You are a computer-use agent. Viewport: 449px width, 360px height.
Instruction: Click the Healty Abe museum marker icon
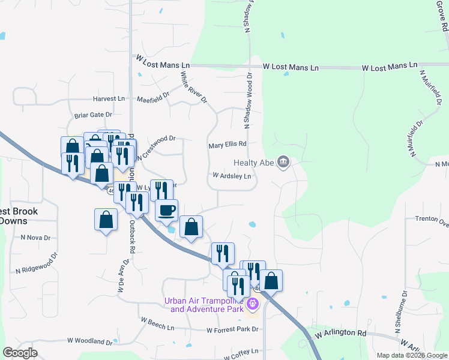coord(285,161)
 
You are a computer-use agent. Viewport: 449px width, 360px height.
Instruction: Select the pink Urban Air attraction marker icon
coord(253,305)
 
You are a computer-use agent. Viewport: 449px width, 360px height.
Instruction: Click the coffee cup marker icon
coord(166,211)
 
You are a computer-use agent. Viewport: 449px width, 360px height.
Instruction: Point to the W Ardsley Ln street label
coord(231,176)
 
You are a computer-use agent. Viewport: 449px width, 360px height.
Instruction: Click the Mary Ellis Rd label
coord(228,145)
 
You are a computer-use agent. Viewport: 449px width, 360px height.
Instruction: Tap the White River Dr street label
coord(193,87)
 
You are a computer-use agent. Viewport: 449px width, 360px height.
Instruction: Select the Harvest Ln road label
coord(109,98)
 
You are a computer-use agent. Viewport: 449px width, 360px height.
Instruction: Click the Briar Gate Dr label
coord(93,115)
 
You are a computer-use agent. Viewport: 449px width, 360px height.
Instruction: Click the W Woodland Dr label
coord(89,341)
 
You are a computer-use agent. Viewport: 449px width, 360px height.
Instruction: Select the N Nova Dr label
coord(35,238)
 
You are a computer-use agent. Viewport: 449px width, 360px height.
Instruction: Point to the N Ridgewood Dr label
coord(36,263)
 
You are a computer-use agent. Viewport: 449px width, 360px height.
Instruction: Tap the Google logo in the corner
coord(20,353)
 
